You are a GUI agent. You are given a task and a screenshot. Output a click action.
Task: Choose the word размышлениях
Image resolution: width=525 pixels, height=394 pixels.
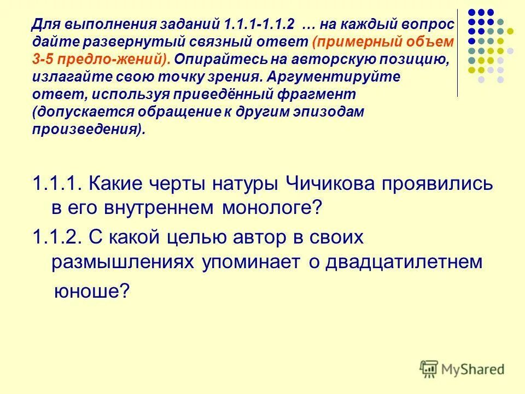tap(123, 262)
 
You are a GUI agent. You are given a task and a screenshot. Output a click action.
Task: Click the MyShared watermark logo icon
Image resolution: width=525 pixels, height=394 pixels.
tap(430, 368)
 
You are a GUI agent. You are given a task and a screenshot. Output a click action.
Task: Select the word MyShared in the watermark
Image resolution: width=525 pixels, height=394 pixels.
tap(473, 369)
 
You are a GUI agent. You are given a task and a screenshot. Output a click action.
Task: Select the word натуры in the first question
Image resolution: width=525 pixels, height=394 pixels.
tap(242, 184)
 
